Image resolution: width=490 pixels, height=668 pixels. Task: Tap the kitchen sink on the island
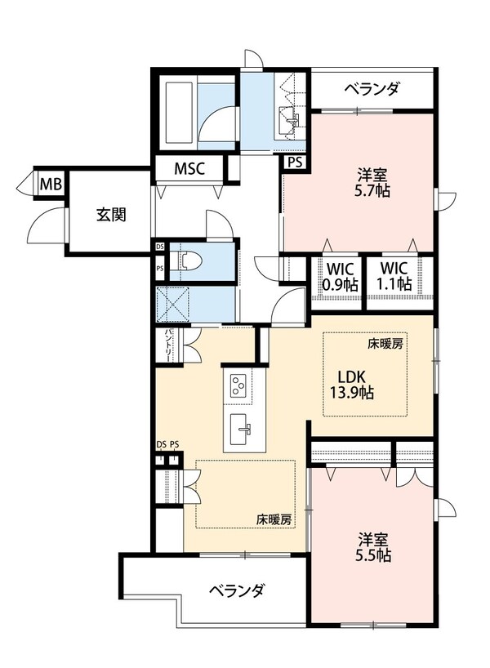point(240,426)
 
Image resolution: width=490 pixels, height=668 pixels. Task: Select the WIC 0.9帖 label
point(338,277)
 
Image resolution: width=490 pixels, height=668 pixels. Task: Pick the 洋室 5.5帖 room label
point(372,548)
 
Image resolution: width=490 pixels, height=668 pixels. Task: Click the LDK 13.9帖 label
point(356,384)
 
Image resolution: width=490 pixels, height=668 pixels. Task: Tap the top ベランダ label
point(372,89)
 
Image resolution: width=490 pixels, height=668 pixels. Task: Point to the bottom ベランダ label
point(235,590)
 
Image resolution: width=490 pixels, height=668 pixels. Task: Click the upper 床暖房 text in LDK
point(385,345)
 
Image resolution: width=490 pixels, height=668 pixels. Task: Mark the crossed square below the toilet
point(173,304)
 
